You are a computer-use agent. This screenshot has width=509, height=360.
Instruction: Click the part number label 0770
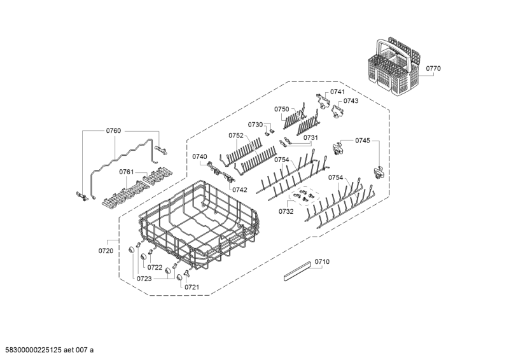(x=433, y=68)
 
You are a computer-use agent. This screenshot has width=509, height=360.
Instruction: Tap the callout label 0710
(x=323, y=262)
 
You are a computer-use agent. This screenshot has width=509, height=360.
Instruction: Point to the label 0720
(x=106, y=251)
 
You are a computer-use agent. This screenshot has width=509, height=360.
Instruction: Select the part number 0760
(x=113, y=131)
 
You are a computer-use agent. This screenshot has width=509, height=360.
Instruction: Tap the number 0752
(x=235, y=135)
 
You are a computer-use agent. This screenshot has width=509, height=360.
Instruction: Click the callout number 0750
(x=282, y=109)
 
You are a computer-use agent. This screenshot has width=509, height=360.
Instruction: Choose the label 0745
(x=363, y=140)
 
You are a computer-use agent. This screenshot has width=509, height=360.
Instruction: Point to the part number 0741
(x=338, y=92)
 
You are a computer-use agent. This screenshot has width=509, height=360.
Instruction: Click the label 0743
(x=351, y=100)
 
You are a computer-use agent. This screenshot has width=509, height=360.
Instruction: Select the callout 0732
(x=285, y=211)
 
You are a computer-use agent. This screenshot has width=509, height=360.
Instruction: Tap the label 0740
(x=199, y=156)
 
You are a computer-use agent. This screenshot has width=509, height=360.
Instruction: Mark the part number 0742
(x=240, y=190)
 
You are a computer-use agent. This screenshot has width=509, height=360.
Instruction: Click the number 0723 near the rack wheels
(x=144, y=278)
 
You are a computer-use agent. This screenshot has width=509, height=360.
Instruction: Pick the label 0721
(x=192, y=287)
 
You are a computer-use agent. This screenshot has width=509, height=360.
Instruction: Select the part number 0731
(x=310, y=137)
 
